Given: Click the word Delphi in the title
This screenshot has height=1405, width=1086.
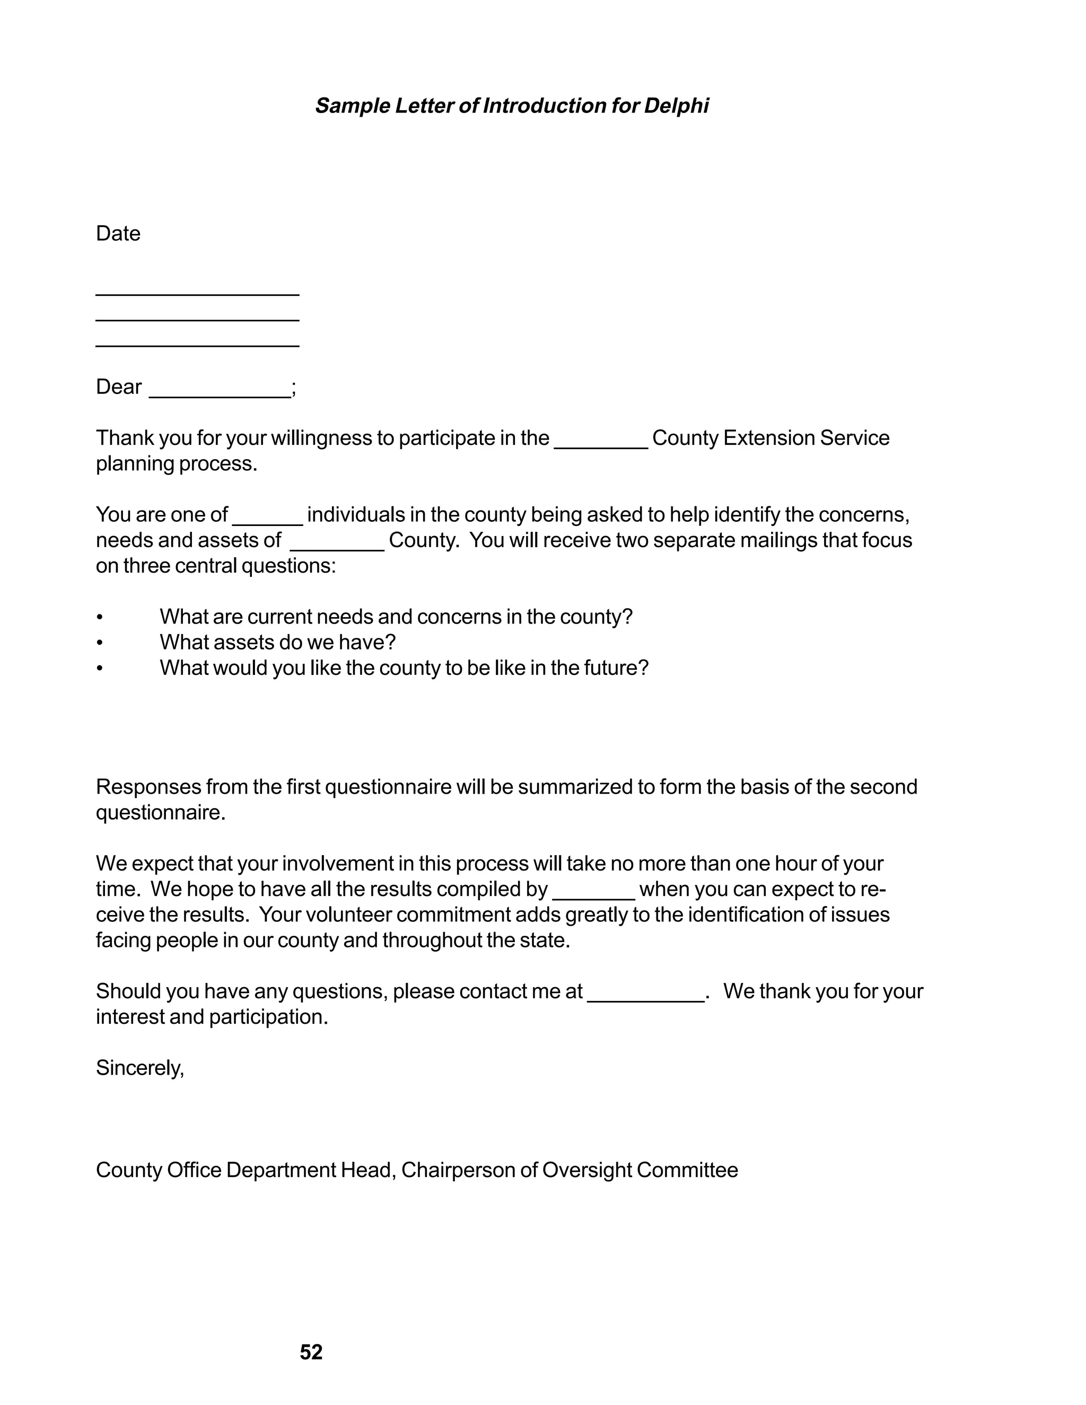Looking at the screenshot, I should [x=676, y=106].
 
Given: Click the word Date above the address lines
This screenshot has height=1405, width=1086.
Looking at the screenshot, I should [x=118, y=233].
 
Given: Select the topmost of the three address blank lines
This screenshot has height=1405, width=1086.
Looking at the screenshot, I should [x=197, y=295].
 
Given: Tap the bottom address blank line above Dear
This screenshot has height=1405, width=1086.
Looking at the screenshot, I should [x=197, y=346].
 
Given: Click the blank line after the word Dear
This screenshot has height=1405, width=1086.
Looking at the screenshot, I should [x=220, y=396].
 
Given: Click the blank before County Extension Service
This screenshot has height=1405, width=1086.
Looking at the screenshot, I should [x=601, y=446].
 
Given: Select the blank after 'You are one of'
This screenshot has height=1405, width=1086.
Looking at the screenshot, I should [x=267, y=523].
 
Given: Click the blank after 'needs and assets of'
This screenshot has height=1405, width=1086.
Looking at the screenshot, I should [x=337, y=549].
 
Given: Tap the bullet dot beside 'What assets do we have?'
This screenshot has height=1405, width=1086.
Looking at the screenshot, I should [x=99, y=643].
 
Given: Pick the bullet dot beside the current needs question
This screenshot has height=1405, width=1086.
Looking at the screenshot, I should [x=99, y=618].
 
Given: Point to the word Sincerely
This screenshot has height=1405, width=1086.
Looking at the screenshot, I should [x=139, y=1068].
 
